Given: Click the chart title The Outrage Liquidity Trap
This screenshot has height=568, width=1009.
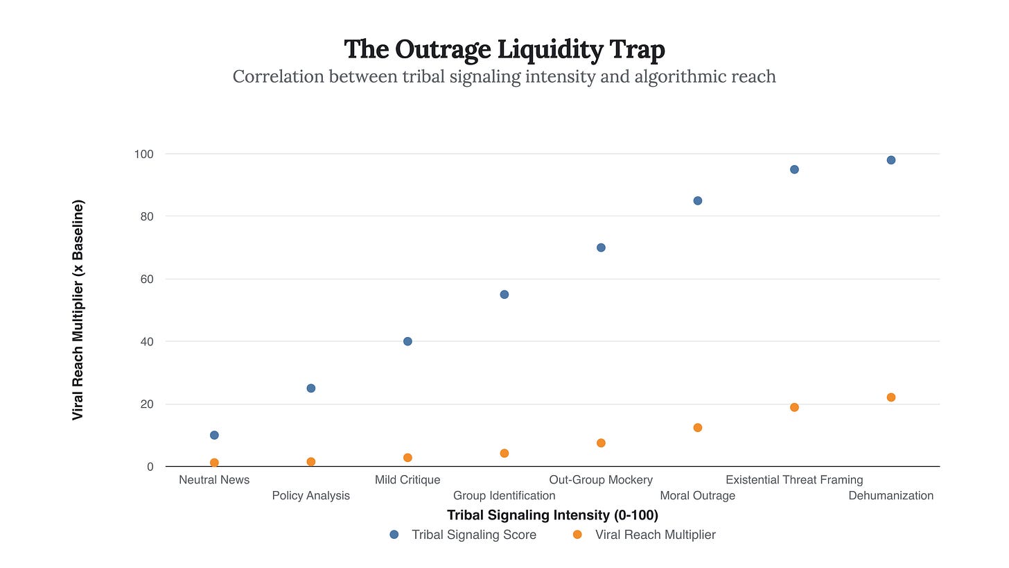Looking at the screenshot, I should [504, 50].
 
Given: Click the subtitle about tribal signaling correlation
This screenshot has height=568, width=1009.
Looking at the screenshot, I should [504, 76].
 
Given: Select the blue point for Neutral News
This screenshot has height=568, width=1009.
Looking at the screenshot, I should [214, 435].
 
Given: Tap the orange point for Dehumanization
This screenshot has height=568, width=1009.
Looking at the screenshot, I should [891, 397].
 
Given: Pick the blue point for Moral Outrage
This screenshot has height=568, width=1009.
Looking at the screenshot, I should [698, 200].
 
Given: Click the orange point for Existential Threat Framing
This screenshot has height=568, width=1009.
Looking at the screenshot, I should [794, 407].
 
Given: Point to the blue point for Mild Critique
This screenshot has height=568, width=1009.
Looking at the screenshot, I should [407, 341].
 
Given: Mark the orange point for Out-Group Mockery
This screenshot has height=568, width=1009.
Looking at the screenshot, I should [601, 442].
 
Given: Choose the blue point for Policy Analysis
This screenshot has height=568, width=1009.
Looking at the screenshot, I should [311, 388].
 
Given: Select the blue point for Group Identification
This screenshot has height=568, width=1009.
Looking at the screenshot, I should [504, 294].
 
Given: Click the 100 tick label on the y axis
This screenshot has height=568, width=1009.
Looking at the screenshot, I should [143, 154].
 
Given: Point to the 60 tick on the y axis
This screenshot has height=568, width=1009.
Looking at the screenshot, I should [146, 279].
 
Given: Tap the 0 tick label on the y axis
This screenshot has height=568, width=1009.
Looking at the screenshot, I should [150, 467].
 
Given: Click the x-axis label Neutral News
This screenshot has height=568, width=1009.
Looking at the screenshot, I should [214, 480].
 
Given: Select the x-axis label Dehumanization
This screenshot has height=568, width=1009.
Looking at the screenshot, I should [890, 496].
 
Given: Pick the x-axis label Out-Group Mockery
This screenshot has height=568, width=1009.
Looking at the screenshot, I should [601, 480].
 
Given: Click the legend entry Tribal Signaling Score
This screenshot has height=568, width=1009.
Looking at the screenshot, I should [473, 535].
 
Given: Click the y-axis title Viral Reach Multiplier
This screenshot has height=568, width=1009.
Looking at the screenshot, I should [78, 310].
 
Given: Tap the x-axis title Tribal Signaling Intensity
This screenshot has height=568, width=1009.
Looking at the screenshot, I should [552, 515].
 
